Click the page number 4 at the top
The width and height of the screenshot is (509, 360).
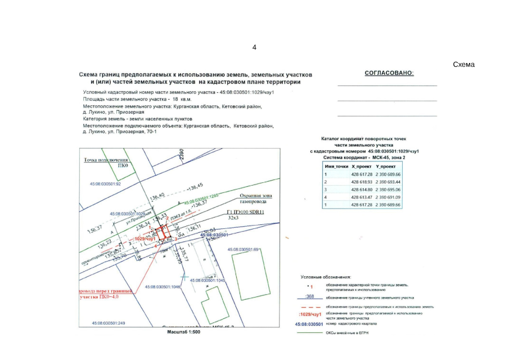coord(254,47)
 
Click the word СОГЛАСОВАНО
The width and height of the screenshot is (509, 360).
coord(389,73)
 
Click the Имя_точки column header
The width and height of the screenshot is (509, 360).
coord(336,167)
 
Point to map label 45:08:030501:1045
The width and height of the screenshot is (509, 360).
coord(208,280)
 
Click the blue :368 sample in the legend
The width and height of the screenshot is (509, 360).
coord(308,296)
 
